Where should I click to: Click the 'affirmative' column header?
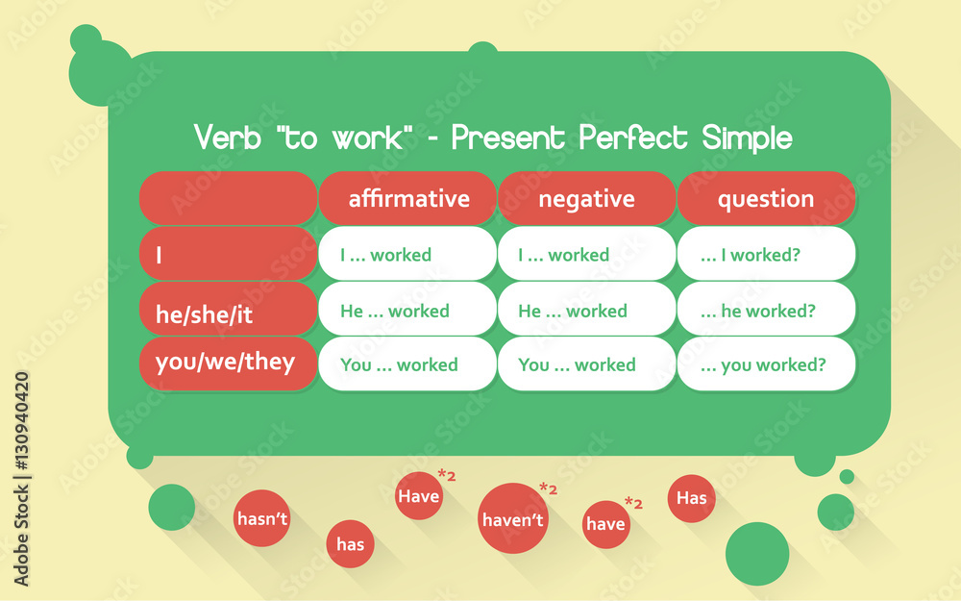(x=407, y=198)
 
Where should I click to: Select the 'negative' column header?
(x=586, y=198)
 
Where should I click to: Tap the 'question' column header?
(x=766, y=198)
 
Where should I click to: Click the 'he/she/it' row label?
(x=228, y=309)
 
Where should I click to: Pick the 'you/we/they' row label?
(x=228, y=363)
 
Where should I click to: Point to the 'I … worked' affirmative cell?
(x=407, y=253)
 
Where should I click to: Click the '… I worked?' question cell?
(x=766, y=253)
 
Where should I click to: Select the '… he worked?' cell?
(x=766, y=309)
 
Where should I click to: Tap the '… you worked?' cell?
(x=766, y=363)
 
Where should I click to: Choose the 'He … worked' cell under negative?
(x=586, y=309)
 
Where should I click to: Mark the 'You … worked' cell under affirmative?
(x=407, y=363)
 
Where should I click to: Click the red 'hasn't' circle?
(x=261, y=518)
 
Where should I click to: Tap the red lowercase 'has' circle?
(x=350, y=544)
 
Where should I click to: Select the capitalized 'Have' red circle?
(x=419, y=495)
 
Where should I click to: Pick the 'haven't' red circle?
(x=513, y=518)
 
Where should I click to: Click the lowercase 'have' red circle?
(x=606, y=524)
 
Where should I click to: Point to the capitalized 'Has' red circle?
(x=691, y=498)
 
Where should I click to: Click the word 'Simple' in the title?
(x=747, y=137)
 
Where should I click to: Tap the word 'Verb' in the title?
(x=228, y=137)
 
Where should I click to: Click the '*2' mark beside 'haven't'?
(x=549, y=488)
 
